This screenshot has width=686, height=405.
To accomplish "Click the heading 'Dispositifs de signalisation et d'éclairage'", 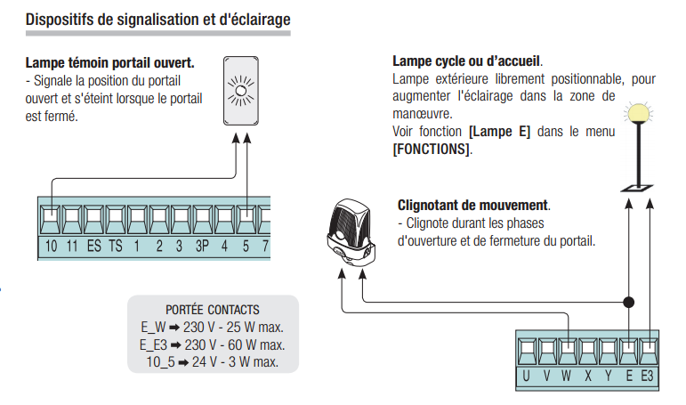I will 158,19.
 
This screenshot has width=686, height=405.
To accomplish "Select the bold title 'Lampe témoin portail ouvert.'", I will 110,64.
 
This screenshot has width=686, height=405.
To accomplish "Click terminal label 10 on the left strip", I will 52,246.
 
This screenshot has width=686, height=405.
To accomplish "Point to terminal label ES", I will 94,246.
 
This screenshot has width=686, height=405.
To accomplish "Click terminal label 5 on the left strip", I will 246,246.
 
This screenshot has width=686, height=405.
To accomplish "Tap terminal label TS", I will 116,246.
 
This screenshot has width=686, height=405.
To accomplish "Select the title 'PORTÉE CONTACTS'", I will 213,310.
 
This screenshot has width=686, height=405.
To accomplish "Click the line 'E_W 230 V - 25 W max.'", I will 212,328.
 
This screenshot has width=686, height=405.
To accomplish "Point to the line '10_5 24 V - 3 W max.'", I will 212,361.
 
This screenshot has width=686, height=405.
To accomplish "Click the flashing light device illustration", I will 351,231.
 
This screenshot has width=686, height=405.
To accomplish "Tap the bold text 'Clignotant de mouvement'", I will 472,206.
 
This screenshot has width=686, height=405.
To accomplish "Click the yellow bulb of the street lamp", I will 637,113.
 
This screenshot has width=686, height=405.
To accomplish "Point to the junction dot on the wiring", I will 630,302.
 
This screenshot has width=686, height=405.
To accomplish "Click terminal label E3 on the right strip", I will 650,377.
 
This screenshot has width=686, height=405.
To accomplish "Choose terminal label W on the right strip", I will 567,377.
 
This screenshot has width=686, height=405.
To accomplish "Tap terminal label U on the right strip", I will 526,377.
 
